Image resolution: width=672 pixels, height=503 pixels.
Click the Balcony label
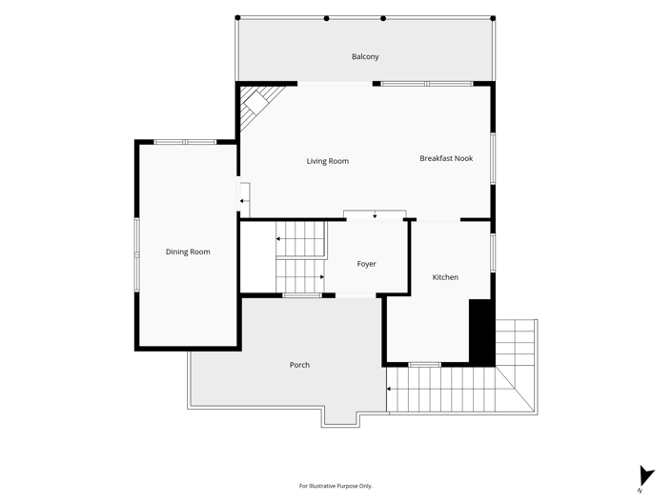click(x=365, y=56)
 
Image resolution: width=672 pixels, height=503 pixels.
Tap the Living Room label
click(x=328, y=161)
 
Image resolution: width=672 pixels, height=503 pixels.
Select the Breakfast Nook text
click(x=446, y=158)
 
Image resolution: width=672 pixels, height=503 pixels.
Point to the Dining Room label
click(x=188, y=251)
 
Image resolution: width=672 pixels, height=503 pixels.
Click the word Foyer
click(x=366, y=264)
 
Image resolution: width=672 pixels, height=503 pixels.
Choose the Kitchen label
click(x=445, y=277)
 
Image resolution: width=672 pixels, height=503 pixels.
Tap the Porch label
click(x=299, y=365)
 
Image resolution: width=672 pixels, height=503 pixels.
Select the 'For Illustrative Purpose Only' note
click(x=336, y=486)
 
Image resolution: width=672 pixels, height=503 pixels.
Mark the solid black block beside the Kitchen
click(x=482, y=332)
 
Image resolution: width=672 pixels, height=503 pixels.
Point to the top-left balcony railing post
click(x=238, y=17)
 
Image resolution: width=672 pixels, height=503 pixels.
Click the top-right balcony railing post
click(x=493, y=18)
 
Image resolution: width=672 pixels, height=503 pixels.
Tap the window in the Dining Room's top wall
click(x=185, y=142)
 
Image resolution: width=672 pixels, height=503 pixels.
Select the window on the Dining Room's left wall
click(x=136, y=255)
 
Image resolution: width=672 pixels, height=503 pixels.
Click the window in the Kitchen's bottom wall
click(x=425, y=365)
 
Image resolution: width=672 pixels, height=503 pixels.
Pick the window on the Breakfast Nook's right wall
click(x=493, y=158)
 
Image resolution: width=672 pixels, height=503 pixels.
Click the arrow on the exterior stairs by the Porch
click(x=390, y=389)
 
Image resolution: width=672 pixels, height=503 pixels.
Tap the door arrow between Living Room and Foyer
click(x=375, y=215)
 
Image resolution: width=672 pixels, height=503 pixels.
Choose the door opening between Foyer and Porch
click(x=356, y=295)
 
